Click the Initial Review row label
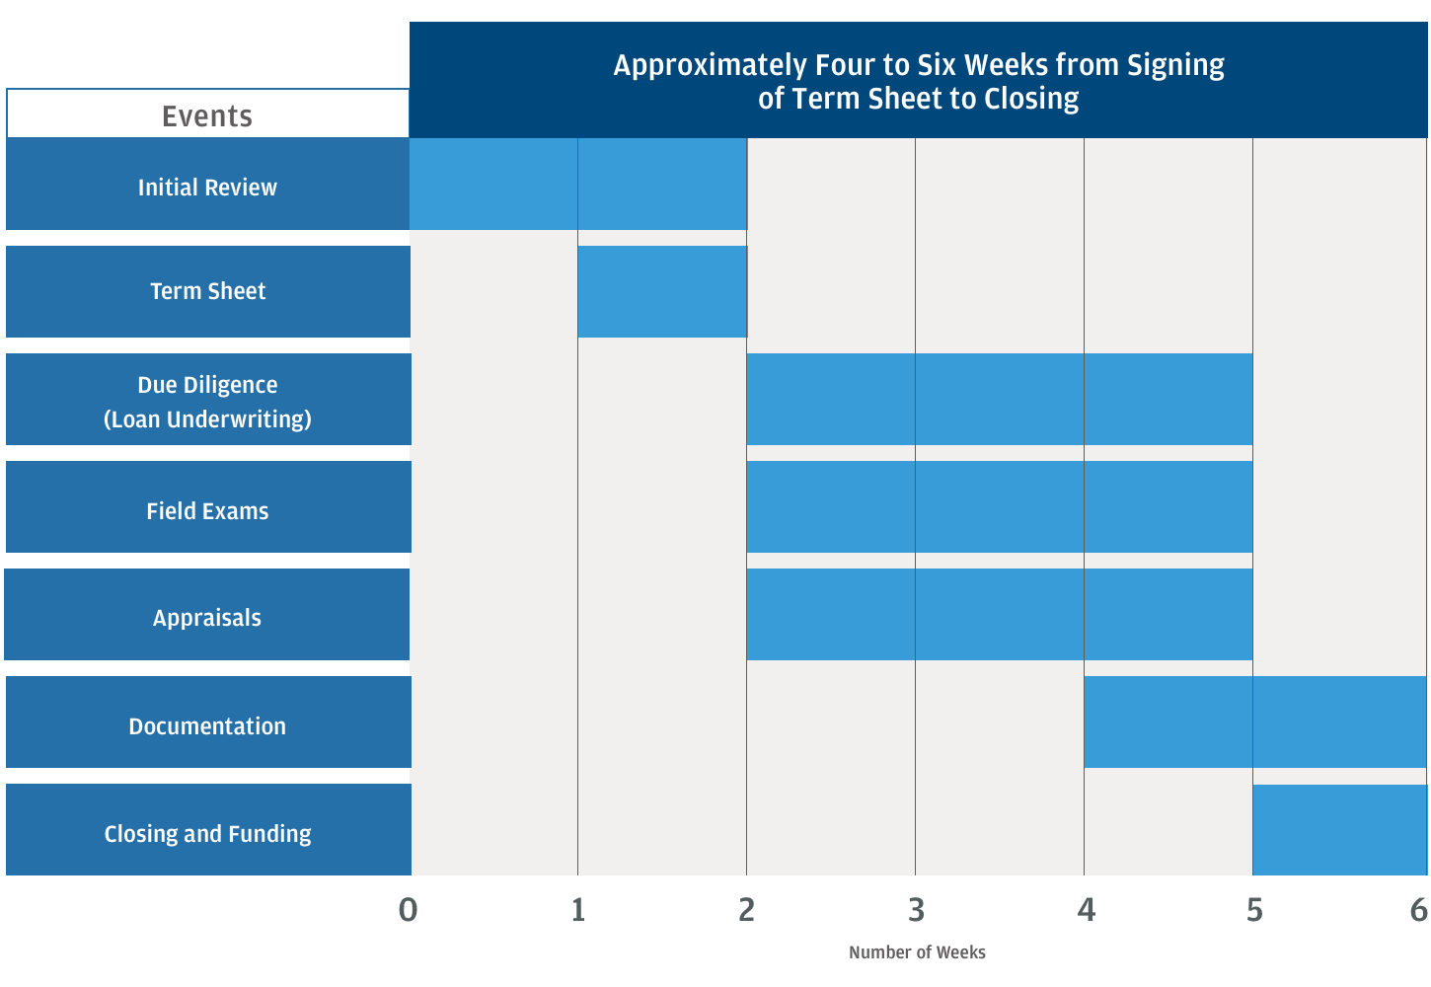pyautogui.click(x=207, y=188)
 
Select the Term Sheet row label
pyautogui.click(x=207, y=291)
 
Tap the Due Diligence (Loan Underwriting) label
pyautogui.click(x=207, y=402)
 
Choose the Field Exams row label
pyautogui.click(x=207, y=511)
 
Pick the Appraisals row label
pyautogui.click(x=207, y=618)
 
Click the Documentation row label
pyautogui.click(x=207, y=726)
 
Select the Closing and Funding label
pyautogui.click(x=207, y=834)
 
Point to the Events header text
pyautogui.click(x=207, y=116)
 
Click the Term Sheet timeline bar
pyautogui.click(x=662, y=291)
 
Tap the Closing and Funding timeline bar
pyautogui.click(x=1339, y=830)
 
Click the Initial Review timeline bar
pyautogui.click(x=578, y=184)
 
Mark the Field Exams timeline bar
pyautogui.click(x=999, y=506)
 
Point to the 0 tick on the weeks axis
pyautogui.click(x=409, y=910)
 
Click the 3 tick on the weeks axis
pyautogui.click(x=917, y=910)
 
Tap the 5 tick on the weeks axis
pyautogui.click(x=1254, y=910)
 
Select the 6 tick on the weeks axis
pyautogui.click(x=1419, y=910)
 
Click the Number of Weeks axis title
pyautogui.click(x=917, y=952)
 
